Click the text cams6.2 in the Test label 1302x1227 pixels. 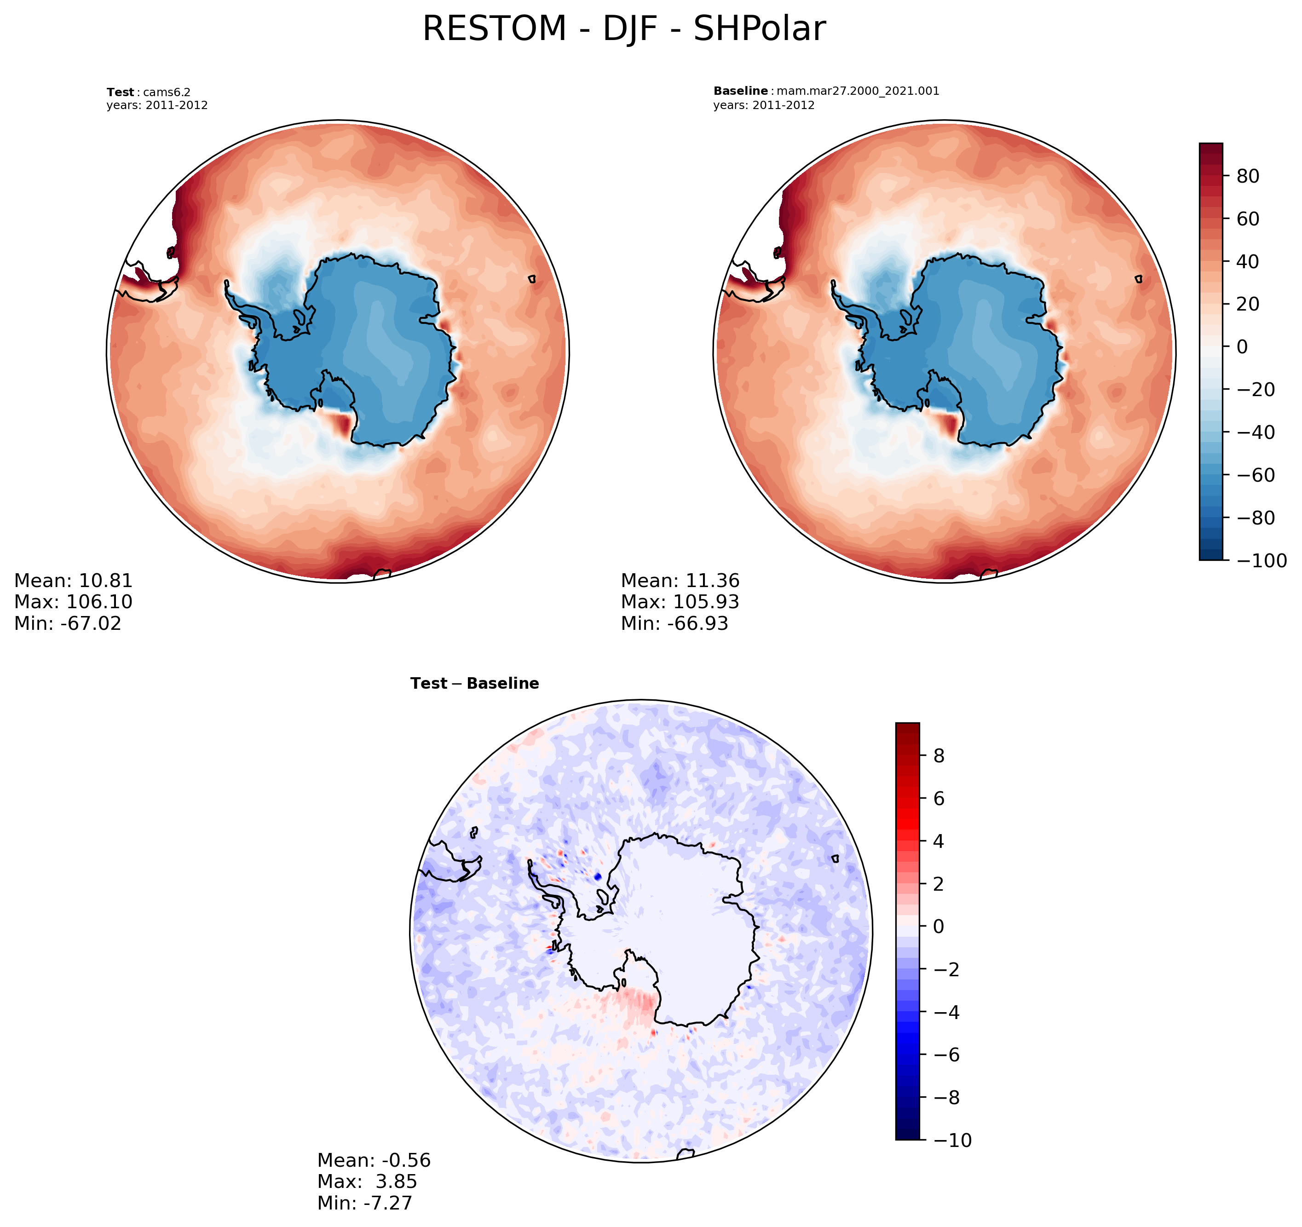pos(167,92)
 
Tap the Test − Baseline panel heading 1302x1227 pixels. pos(474,683)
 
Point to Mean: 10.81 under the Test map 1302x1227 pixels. pos(73,581)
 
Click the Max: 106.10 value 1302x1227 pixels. pos(73,601)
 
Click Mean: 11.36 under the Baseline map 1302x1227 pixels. pos(680,581)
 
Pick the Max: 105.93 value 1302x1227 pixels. pos(680,601)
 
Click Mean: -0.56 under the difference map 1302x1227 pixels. pos(374,1160)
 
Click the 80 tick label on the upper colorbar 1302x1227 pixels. pos(1248,176)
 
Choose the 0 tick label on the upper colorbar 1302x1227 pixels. pos(1242,346)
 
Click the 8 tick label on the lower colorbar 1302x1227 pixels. pos(939,755)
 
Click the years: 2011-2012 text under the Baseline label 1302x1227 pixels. pos(764,105)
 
